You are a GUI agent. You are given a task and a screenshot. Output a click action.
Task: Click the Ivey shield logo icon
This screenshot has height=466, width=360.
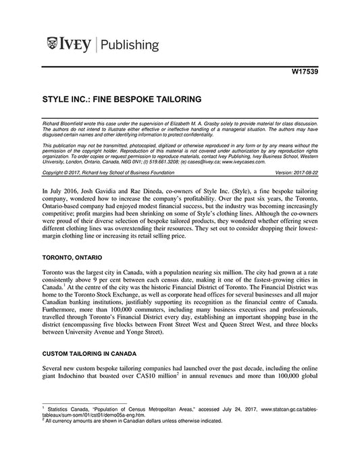pos(52,45)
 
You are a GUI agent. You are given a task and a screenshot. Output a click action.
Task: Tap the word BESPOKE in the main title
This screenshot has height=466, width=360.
pos(135,99)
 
